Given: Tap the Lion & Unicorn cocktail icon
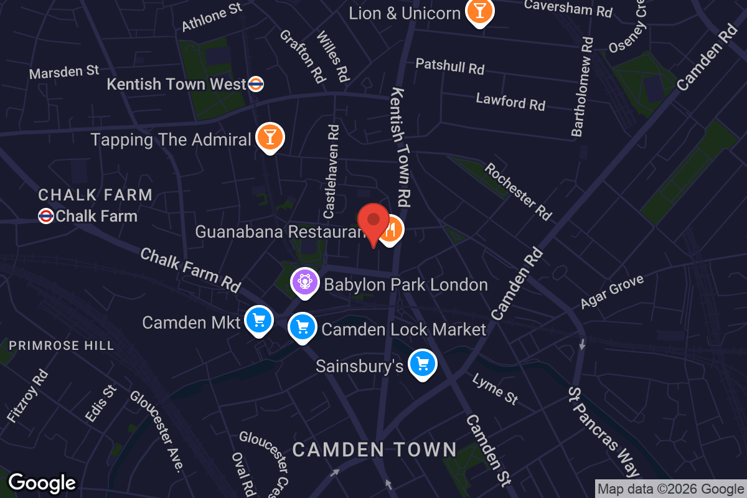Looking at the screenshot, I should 480,11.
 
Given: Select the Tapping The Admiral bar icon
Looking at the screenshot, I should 270,137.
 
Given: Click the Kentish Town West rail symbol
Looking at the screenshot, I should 255,84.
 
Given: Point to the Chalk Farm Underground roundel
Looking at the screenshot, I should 46,216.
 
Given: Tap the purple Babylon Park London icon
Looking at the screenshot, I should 304,282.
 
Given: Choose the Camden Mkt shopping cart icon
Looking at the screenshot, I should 258,320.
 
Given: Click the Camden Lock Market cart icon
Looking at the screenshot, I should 302,326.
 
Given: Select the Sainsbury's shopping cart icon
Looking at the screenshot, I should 423,364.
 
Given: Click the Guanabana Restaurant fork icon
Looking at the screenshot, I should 390,230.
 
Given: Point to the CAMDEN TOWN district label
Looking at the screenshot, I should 375,449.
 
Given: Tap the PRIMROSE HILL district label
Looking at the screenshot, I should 62,345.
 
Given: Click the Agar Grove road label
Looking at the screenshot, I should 612,292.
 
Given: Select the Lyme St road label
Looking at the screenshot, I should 495,389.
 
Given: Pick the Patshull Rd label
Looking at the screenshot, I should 449,65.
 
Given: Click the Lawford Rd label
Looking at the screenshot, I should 510,101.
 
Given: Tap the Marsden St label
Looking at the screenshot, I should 64,72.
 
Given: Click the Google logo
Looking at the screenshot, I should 42,483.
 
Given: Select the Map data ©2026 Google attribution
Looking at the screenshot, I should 670,489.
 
